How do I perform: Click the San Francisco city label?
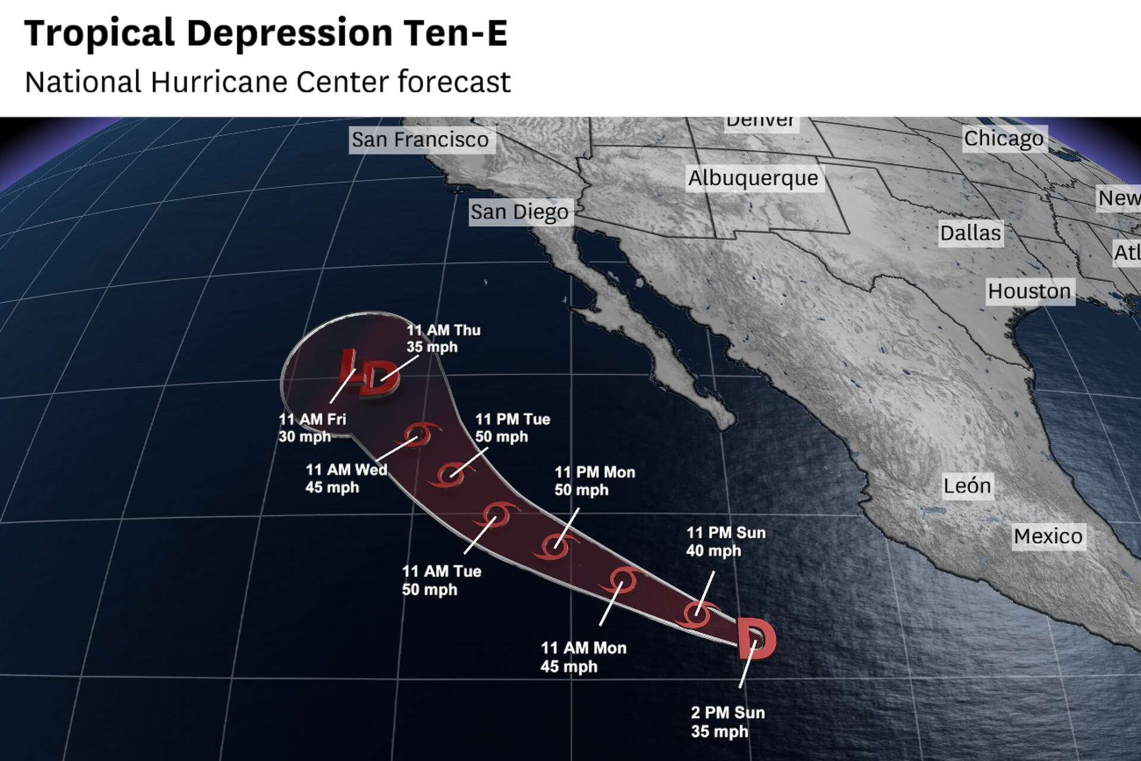[x=420, y=140]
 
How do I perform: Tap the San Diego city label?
[x=519, y=212]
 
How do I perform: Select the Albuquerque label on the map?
[x=753, y=178]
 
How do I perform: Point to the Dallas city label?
[x=970, y=233]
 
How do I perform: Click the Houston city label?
[x=1029, y=291]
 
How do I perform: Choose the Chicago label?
[x=1003, y=139]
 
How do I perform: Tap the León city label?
[x=967, y=486]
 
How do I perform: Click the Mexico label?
[x=1048, y=536]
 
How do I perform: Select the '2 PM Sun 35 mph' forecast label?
[x=727, y=722]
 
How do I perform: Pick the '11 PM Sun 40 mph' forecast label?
[x=726, y=542]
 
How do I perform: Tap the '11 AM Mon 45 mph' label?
[x=583, y=657]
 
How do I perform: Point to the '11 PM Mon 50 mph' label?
[x=594, y=481]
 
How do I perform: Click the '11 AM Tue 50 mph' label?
[x=441, y=580]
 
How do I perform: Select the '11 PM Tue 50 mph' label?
[x=512, y=428]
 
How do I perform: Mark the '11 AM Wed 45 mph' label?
[x=346, y=479]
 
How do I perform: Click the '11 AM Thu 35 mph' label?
[x=443, y=338]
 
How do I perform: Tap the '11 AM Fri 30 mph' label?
[x=312, y=428]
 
